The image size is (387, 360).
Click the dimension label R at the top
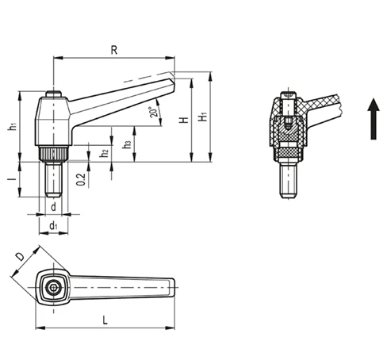(x=114, y=50)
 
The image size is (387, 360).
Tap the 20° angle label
(x=154, y=112)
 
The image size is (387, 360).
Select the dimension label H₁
(x=203, y=117)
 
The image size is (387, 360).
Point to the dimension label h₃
(x=127, y=144)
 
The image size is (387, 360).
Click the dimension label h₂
(x=105, y=153)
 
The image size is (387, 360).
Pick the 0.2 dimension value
(x=81, y=179)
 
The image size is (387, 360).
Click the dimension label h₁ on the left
(x=13, y=126)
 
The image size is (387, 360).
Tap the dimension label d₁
(x=53, y=226)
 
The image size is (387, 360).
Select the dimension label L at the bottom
(x=105, y=320)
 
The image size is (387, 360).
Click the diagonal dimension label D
(x=20, y=256)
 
